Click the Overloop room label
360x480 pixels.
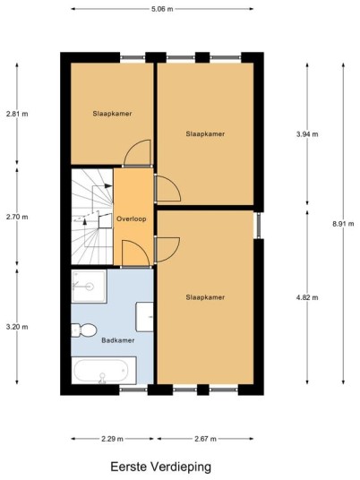[x=132, y=219]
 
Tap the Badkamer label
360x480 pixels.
[x=118, y=340]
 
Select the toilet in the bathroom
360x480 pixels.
[x=83, y=330]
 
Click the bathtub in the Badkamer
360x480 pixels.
[x=104, y=371]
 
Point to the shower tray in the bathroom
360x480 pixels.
[x=89, y=287]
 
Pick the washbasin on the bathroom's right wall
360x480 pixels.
[x=144, y=317]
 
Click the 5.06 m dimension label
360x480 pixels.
[x=162, y=9]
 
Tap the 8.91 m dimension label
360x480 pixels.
[x=343, y=224]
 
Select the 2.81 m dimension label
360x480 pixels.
[x=17, y=114]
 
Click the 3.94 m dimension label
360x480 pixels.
[x=307, y=134]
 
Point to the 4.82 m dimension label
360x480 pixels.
[x=307, y=297]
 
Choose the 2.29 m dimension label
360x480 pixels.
[x=112, y=439]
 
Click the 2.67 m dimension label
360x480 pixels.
[x=205, y=439]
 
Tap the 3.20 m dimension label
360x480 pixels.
[x=17, y=327]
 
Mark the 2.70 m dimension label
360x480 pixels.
[x=17, y=217]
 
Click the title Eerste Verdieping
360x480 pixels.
[x=160, y=467]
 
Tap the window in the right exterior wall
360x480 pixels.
[x=259, y=226]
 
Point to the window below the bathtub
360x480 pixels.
[x=133, y=389]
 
